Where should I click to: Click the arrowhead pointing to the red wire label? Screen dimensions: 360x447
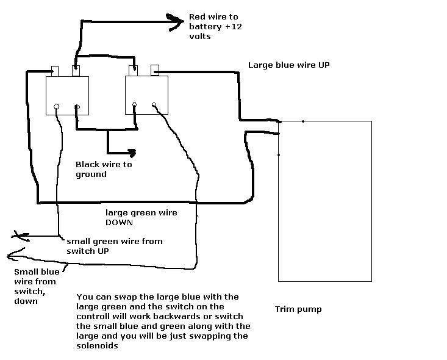pyautogui.click(x=177, y=21)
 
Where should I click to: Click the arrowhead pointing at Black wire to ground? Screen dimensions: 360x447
pyautogui.click(x=130, y=153)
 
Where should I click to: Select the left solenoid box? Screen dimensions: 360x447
pyautogui.click(x=68, y=95)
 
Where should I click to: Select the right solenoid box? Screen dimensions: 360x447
pyautogui.click(x=147, y=95)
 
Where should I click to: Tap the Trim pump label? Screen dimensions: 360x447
pyautogui.click(x=298, y=309)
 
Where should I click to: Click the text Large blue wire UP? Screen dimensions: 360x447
pyautogui.click(x=288, y=65)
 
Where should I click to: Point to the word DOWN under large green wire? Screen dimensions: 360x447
pyautogui.click(x=120, y=223)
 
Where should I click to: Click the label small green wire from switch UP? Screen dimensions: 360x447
pyautogui.click(x=114, y=245)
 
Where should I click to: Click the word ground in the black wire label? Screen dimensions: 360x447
pyautogui.click(x=91, y=175)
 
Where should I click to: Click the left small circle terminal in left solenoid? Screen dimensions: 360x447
pyautogui.click(x=57, y=107)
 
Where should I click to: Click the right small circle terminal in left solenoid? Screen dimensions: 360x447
pyautogui.click(x=77, y=108)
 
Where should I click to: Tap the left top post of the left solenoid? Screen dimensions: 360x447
pyautogui.click(x=54, y=70)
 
